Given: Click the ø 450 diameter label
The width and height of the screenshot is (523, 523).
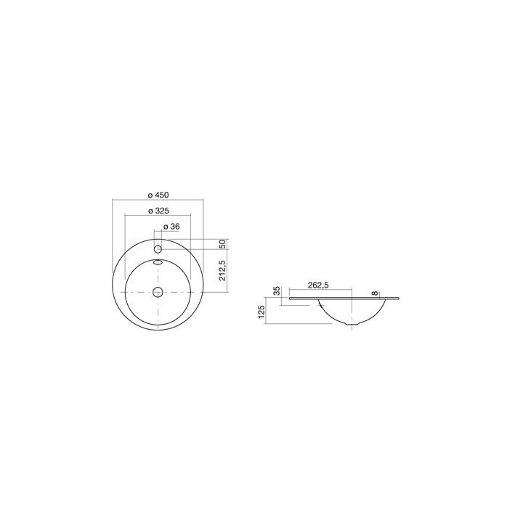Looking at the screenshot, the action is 158,195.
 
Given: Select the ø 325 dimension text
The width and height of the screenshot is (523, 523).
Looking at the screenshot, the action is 158,211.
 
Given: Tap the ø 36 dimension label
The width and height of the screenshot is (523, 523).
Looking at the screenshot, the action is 171,227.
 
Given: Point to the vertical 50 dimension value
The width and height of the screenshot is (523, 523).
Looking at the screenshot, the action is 223,244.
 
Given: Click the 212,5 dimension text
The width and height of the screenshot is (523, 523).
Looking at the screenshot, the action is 223,270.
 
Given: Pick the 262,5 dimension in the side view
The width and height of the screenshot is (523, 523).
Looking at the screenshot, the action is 318,285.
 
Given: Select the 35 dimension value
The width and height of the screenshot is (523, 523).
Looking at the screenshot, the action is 277,291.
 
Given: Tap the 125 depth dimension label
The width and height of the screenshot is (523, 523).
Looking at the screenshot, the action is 261,312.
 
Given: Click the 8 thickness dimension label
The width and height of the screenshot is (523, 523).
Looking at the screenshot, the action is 375,293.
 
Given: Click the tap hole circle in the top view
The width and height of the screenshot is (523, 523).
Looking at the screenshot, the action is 158,249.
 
